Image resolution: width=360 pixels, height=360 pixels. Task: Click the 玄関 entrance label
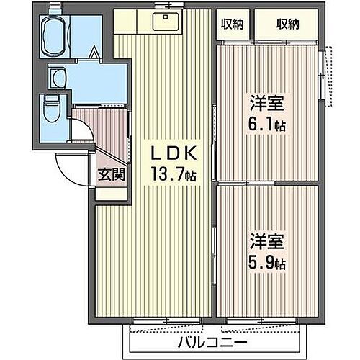coord(112,174)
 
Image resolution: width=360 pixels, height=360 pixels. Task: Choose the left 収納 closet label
coord(233,24)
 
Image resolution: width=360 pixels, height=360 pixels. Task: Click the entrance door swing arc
coord(69,169)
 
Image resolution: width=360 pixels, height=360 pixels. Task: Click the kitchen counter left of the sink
coord(133,22)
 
